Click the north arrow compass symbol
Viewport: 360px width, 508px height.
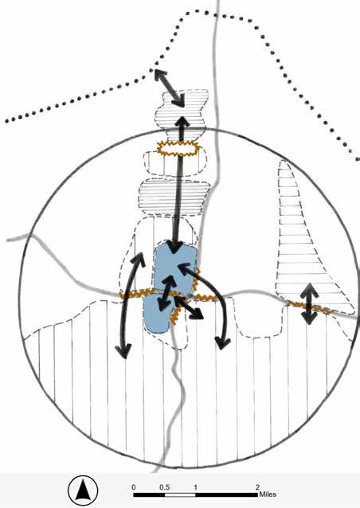(83, 490)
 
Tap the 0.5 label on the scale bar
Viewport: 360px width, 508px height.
(164, 487)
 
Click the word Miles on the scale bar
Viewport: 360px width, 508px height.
(268, 494)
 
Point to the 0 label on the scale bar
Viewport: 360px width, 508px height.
(134, 487)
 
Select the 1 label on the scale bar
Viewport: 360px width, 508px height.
(195, 487)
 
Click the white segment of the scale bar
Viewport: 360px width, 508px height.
(180, 494)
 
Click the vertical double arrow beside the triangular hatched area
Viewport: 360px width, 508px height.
(310, 303)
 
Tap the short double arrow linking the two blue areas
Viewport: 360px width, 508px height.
(167, 291)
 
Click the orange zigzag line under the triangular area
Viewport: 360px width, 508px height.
(310, 308)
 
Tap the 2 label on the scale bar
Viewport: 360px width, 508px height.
(257, 487)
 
